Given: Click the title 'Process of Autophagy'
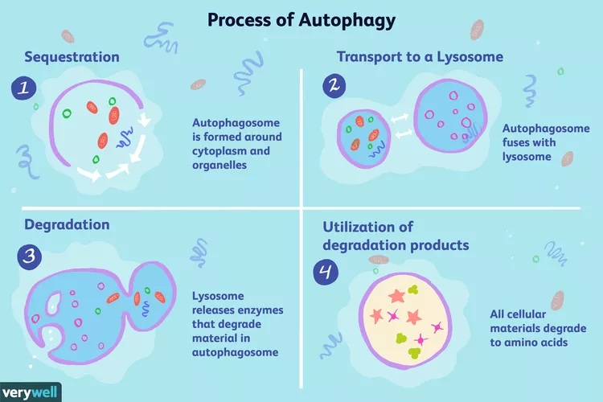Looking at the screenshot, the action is [x=301, y=20].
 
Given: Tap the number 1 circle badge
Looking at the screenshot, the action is [x=24, y=88].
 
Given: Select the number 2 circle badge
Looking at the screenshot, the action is [x=334, y=85].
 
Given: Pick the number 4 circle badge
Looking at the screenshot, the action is [x=326, y=272].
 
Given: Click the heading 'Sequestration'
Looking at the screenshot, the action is [x=72, y=57].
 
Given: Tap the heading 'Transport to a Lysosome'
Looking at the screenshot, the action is [x=420, y=57].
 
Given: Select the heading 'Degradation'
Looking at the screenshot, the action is [x=67, y=224].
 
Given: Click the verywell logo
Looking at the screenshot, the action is [x=30, y=393].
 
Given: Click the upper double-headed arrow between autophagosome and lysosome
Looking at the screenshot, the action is [x=399, y=117].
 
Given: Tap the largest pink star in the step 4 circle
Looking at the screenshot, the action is [x=397, y=297].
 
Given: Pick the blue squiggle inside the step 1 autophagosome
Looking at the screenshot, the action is [x=125, y=137].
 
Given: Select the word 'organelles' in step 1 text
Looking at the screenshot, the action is [x=219, y=165].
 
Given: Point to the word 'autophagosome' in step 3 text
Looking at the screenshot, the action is [x=235, y=352].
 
